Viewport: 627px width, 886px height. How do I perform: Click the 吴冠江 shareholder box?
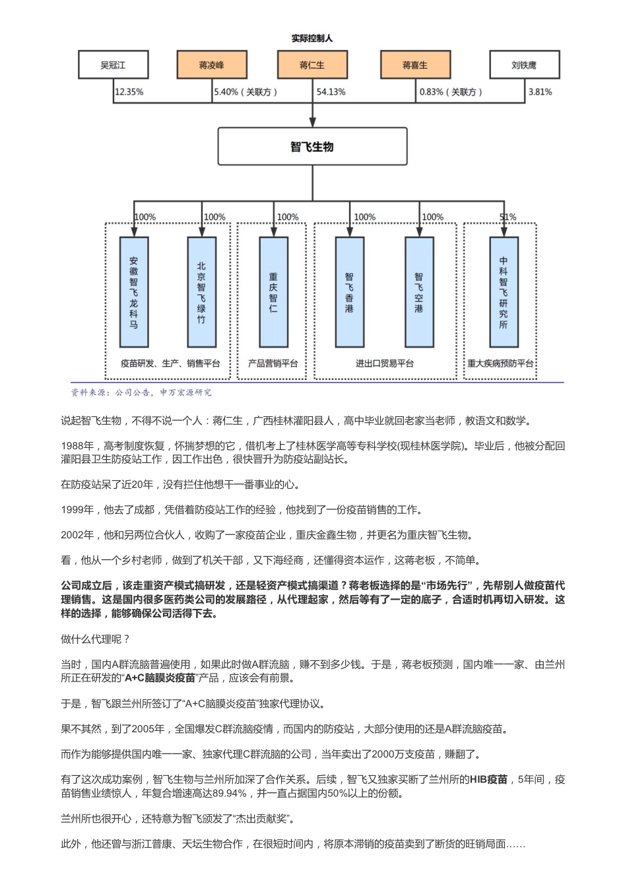(x=113, y=65)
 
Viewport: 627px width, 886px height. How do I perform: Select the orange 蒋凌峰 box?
(x=211, y=65)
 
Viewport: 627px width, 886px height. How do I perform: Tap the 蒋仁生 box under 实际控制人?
(x=312, y=65)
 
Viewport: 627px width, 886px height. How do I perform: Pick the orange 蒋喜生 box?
(x=414, y=65)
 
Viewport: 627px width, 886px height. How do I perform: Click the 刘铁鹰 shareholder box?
(x=524, y=65)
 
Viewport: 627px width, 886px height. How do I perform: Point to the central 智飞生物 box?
(x=312, y=146)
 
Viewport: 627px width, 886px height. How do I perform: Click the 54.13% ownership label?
(x=331, y=92)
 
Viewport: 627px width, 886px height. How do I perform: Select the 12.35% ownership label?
(x=129, y=92)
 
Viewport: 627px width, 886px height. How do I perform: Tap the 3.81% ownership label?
(x=540, y=92)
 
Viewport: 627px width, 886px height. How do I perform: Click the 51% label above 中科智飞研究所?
(x=508, y=217)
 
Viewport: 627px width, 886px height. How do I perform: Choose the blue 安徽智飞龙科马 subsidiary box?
(x=133, y=292)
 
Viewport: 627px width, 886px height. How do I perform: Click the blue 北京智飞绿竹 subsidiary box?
(x=201, y=292)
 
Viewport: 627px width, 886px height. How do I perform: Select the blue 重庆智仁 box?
(x=273, y=292)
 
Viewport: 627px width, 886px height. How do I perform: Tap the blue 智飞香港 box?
(x=349, y=292)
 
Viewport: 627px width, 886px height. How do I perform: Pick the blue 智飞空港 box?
(x=418, y=292)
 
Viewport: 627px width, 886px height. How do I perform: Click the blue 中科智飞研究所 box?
(x=504, y=292)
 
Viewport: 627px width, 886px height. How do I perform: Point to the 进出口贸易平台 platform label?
(x=385, y=364)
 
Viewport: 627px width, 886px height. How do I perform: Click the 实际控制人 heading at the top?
(x=312, y=38)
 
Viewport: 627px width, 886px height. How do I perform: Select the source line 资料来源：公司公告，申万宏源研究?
(x=141, y=393)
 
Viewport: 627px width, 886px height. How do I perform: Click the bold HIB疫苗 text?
(x=488, y=780)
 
